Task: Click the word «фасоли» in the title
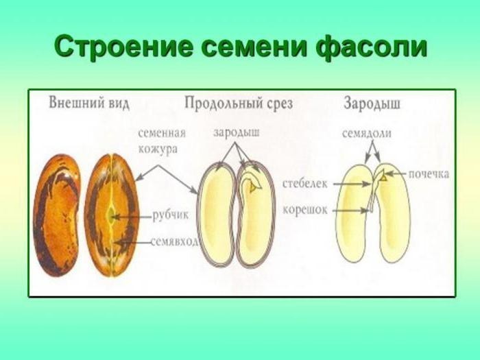pyautogui.click(x=371, y=47)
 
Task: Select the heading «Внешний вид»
pyautogui.click(x=89, y=103)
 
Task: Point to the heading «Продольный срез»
pyautogui.click(x=239, y=103)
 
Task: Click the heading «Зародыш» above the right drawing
pyautogui.click(x=372, y=103)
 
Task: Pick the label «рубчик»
pyautogui.click(x=171, y=215)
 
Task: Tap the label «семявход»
pyautogui.click(x=174, y=242)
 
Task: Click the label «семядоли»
pyautogui.click(x=367, y=133)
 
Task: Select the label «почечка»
pyautogui.click(x=429, y=174)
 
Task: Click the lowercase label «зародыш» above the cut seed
pyautogui.click(x=237, y=132)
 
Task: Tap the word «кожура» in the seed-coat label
pyautogui.click(x=158, y=149)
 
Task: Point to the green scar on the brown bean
pyautogui.click(x=111, y=215)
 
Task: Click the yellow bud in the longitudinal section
pyautogui.click(x=253, y=187)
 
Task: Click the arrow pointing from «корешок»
pyautogui.click(x=351, y=211)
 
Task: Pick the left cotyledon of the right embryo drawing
pyautogui.click(x=355, y=213)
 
